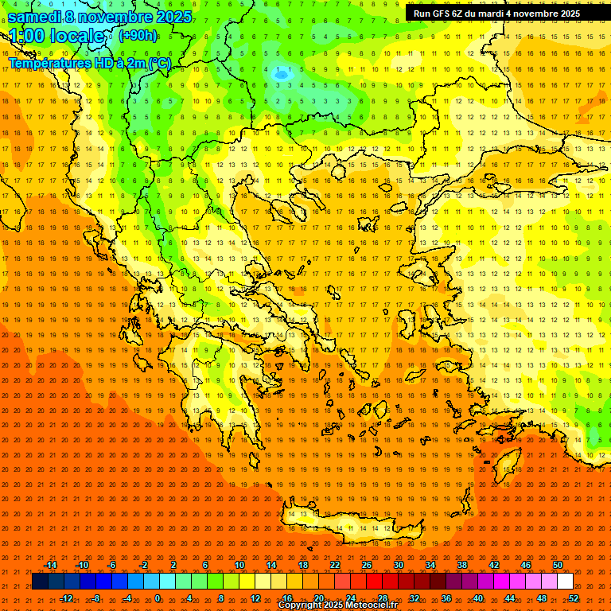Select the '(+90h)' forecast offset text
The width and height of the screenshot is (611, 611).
[x=137, y=36]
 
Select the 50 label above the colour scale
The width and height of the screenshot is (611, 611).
[x=557, y=565]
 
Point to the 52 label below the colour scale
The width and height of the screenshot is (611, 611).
[x=573, y=597]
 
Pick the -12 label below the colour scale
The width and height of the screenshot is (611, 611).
[x=66, y=597]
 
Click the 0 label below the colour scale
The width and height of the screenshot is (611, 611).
[x=157, y=597]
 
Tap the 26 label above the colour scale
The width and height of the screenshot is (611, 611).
[x=367, y=565]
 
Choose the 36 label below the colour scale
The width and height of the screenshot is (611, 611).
[x=446, y=597]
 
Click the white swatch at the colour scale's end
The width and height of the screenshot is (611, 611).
[x=565, y=582]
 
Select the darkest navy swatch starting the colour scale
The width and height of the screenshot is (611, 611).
[x=41, y=582]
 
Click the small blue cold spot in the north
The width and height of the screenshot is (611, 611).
[x=281, y=74]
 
